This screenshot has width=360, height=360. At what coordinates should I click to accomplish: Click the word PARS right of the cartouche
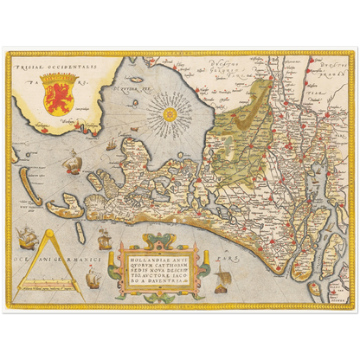tap(225, 257)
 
